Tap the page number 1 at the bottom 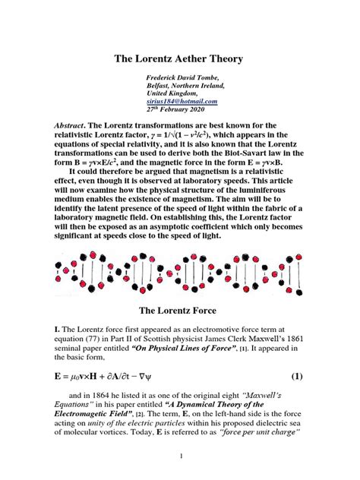pos(180,456)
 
